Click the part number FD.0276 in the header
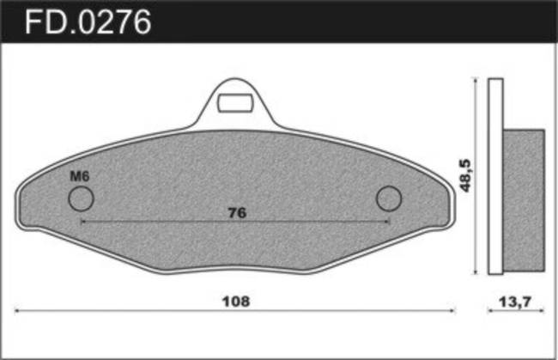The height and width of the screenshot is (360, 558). (x=88, y=22)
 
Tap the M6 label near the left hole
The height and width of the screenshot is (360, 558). (x=80, y=176)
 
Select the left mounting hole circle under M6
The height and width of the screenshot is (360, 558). (x=82, y=198)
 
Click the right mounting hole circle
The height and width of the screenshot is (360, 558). (x=389, y=198)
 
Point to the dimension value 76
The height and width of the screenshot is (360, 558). (x=237, y=213)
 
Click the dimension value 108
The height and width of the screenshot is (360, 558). (x=236, y=302)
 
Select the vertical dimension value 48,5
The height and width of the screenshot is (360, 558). (x=466, y=175)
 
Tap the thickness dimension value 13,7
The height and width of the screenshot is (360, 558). (x=514, y=302)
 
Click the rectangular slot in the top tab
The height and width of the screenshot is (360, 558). (x=235, y=103)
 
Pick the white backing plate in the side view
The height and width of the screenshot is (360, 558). (x=495, y=176)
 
